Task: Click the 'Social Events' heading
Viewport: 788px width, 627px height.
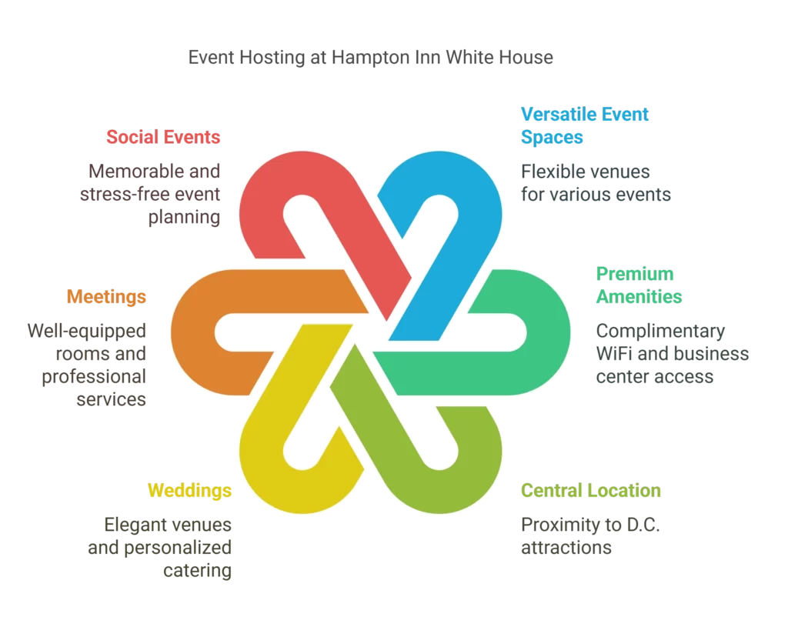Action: click(x=163, y=137)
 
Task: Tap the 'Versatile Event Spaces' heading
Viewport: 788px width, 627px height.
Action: click(x=585, y=125)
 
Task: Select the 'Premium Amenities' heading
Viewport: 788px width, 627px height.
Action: click(x=639, y=285)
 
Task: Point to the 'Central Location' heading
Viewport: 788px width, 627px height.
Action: click(x=590, y=490)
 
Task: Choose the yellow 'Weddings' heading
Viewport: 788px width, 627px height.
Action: click(x=189, y=490)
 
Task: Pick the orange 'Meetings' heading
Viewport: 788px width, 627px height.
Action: click(x=106, y=296)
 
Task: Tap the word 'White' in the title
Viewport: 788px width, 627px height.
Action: click(x=470, y=57)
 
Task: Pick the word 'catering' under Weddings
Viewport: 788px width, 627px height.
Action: click(x=198, y=571)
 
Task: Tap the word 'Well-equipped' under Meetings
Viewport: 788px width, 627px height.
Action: click(x=86, y=331)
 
